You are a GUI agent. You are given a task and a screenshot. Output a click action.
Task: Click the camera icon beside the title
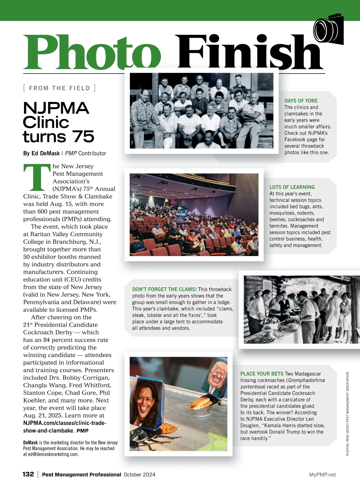point(329,29)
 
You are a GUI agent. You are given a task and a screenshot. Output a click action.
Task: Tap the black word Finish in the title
point(249,52)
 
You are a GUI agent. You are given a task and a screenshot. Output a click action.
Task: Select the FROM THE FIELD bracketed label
point(59,88)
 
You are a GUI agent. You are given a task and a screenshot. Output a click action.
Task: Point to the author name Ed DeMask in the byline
point(46,153)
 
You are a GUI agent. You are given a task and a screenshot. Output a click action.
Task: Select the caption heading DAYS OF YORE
point(301,101)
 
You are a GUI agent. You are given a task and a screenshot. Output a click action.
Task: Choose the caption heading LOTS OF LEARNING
point(292,187)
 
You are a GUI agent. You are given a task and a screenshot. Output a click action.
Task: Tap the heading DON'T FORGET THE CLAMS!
point(164,289)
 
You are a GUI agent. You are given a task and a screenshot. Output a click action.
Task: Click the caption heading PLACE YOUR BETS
point(262,374)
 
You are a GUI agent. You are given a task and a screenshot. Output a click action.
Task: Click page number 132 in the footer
point(28,474)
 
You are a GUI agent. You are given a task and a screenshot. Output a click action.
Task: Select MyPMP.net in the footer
point(322,475)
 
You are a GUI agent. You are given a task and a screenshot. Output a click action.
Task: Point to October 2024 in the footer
point(139,475)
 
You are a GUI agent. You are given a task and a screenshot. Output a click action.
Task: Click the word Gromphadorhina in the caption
point(307,380)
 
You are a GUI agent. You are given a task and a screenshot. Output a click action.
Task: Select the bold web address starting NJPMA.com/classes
point(64,423)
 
